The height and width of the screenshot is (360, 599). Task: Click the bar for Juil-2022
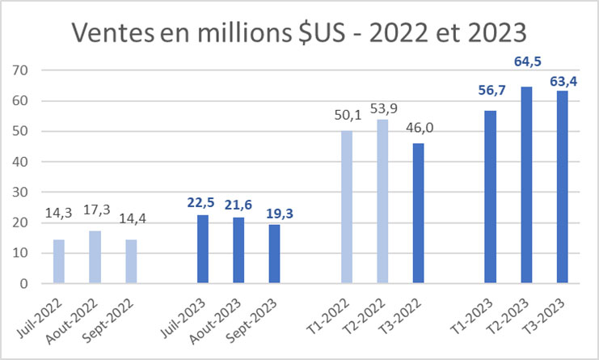click(59, 261)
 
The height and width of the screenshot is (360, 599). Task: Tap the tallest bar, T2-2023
click(526, 185)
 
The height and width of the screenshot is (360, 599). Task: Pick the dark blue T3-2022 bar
click(418, 214)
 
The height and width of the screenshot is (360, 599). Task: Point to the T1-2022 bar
click(347, 207)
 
